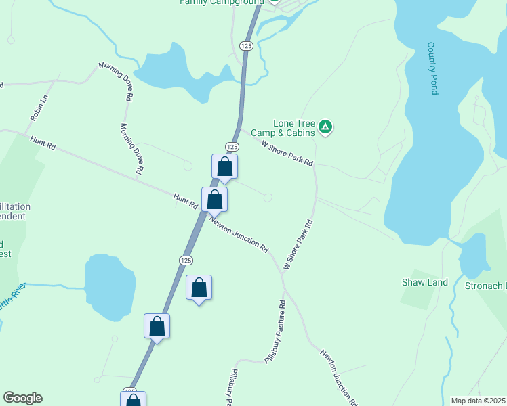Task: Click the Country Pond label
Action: [x=432, y=68]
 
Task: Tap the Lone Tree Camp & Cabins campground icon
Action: [x=326, y=126]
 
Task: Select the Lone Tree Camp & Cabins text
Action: [x=294, y=128]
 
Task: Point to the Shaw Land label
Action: [x=425, y=282]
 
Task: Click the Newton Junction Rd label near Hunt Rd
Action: [x=239, y=235]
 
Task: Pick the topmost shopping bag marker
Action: [x=225, y=166]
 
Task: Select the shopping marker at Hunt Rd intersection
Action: [x=214, y=200]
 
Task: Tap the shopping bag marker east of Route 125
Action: [x=199, y=287]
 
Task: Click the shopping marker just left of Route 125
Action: [x=157, y=326]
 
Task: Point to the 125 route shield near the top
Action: [x=246, y=45]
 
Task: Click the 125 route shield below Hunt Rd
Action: [x=186, y=261]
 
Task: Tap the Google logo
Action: [x=22, y=398]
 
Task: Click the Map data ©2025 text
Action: [x=478, y=401]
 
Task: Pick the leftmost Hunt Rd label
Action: [x=42, y=143]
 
